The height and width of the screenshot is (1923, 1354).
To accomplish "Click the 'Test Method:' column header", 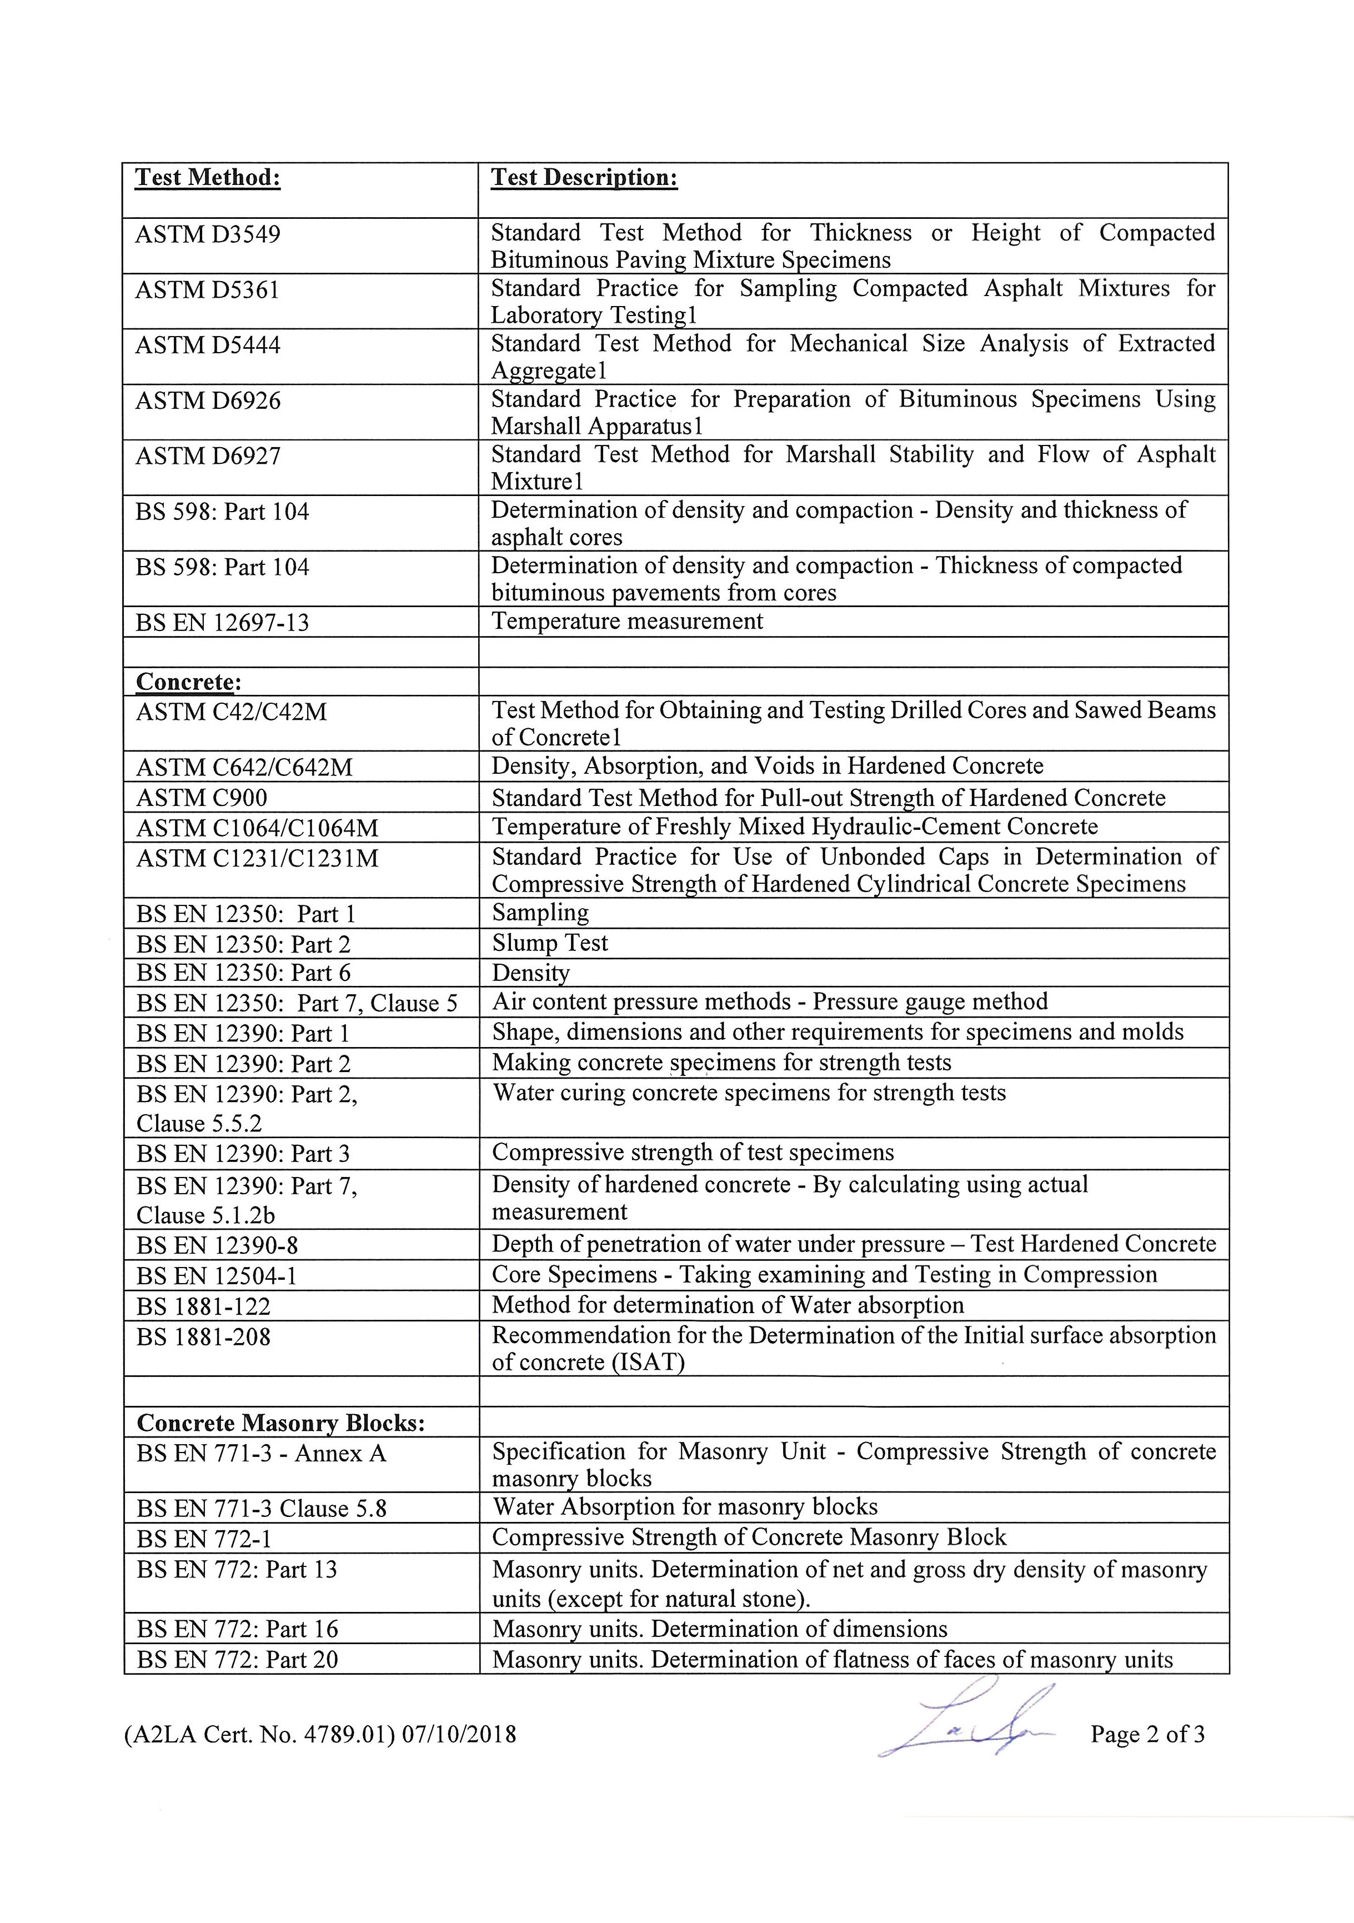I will point(208,178).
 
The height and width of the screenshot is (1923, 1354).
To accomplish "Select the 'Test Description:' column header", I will point(584,178).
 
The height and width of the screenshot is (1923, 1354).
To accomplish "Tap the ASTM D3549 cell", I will point(208,234).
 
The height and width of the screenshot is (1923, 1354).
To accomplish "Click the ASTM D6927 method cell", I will point(208,457).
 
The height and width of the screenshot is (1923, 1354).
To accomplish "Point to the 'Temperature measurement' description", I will point(627,622).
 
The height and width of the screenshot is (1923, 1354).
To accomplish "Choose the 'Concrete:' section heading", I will point(188,682).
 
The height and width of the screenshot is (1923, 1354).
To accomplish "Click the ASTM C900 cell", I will point(202,797).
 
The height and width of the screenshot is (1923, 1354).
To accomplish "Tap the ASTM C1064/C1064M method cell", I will point(257,828).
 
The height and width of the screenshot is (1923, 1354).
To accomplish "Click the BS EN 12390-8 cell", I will point(217,1245).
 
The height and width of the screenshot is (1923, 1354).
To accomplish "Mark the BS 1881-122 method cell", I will point(203,1306).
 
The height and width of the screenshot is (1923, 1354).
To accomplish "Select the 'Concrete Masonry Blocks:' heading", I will point(280,1423).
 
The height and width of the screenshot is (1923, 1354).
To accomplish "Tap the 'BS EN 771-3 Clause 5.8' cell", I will point(261,1509).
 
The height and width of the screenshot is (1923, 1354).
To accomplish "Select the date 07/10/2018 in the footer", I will point(459,1735).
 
